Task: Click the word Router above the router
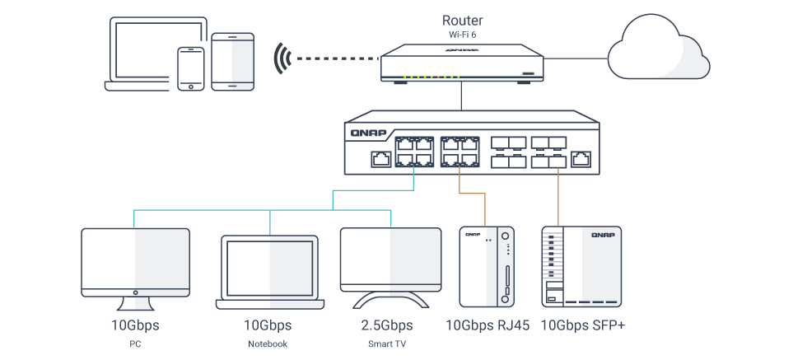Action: [x=462, y=20]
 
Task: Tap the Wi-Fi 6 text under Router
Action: [x=462, y=35]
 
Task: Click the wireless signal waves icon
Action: [x=282, y=59]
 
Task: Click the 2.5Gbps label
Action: [x=387, y=325]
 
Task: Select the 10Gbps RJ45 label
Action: [x=487, y=325]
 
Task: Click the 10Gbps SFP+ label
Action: [x=582, y=325]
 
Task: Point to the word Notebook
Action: [x=268, y=344]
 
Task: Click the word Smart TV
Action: [x=387, y=344]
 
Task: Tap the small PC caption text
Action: [x=135, y=344]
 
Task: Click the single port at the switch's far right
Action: [x=582, y=157]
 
